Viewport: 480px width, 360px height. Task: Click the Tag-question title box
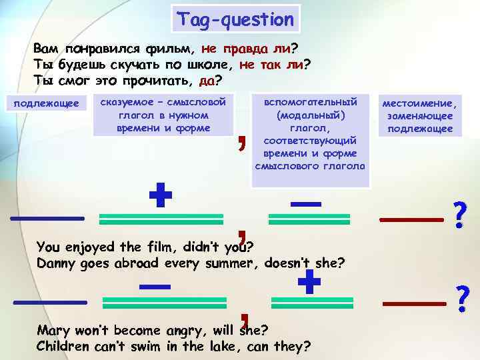[235, 19]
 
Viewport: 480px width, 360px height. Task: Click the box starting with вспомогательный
[310, 132]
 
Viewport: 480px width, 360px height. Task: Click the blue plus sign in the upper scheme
[161, 197]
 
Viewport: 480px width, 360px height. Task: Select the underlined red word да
[207, 81]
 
